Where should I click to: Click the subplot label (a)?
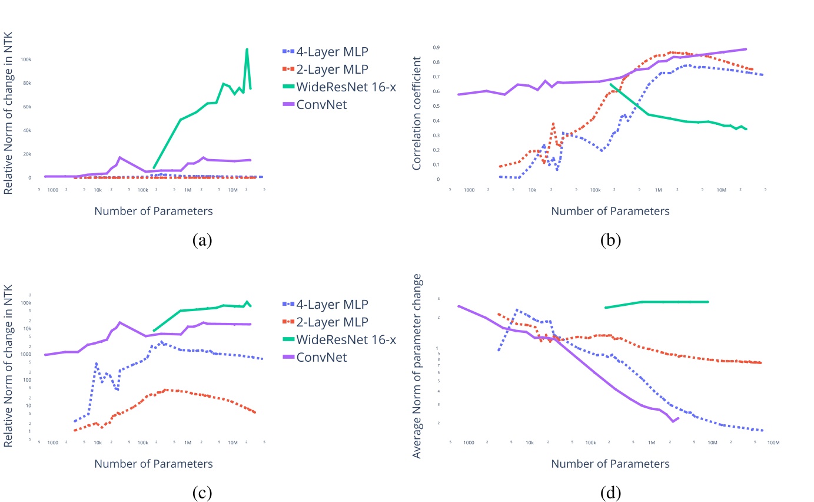pos(201,240)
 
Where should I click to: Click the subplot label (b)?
pos(610,240)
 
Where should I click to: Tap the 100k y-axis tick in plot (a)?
pos(26,60)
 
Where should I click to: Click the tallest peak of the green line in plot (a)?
pos(247,49)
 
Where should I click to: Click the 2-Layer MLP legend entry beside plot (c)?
pos(331,322)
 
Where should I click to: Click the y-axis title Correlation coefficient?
pos(417,114)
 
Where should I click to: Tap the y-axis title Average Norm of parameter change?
pos(417,365)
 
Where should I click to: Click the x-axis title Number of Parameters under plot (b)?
pos(610,211)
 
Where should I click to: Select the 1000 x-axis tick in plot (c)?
pos(52,442)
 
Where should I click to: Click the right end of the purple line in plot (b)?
pos(746,49)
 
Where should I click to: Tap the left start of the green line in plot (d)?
pos(605,308)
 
